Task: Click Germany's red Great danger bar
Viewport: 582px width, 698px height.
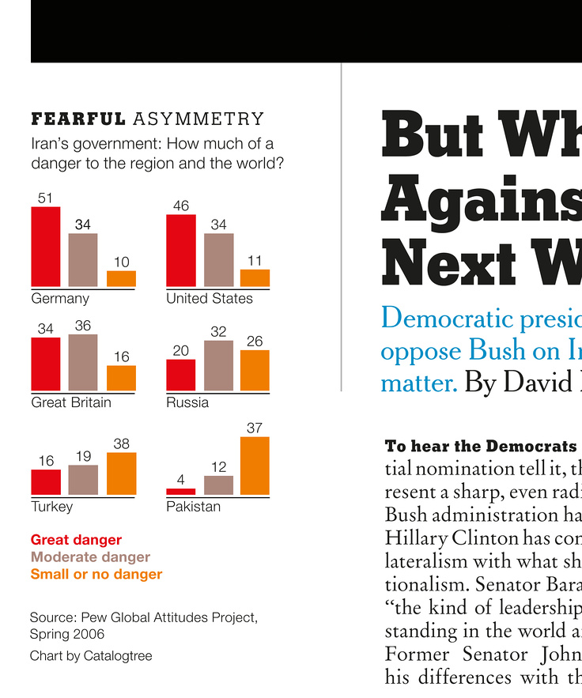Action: point(45,247)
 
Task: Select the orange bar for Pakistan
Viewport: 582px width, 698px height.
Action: point(255,466)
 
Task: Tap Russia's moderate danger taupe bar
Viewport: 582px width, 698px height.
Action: point(218,366)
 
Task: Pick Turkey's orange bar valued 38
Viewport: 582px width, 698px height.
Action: point(121,474)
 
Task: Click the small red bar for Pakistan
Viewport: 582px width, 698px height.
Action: point(180,492)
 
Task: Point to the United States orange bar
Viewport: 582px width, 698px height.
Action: point(255,278)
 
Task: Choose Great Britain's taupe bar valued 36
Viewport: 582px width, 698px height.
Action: point(83,363)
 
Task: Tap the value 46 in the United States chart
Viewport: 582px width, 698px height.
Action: point(180,206)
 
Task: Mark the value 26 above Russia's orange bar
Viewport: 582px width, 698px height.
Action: point(255,341)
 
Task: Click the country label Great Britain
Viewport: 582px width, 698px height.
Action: point(71,402)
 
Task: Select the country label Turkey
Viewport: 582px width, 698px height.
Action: point(51,506)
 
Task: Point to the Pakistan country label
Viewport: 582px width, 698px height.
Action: point(193,506)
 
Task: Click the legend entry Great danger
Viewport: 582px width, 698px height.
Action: point(76,540)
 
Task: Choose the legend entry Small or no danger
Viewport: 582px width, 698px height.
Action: point(96,575)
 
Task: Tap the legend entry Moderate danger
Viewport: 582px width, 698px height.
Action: point(90,557)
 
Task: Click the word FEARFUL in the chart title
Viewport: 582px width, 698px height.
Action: point(77,119)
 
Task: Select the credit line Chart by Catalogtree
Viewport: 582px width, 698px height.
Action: point(91,656)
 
